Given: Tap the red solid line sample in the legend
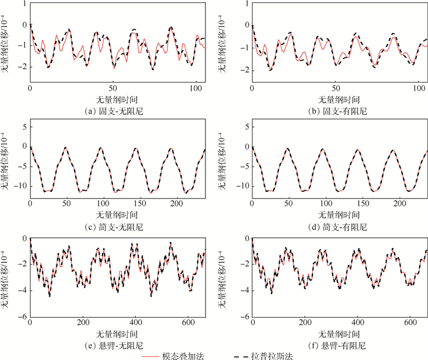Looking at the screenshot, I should point(149,355).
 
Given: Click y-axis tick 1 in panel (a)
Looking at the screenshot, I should point(24,4).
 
